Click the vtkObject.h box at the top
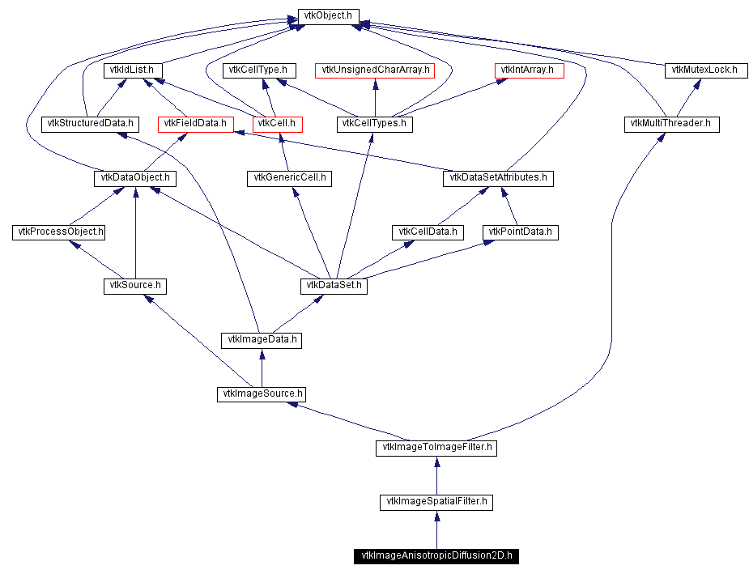329,16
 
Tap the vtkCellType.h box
260,70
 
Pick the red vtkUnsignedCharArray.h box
375,70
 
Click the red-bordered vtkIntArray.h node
529,70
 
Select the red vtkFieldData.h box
196,124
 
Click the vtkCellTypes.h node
374,124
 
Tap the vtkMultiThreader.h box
671,124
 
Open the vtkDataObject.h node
134,178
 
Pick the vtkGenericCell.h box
289,178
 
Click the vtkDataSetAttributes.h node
498,178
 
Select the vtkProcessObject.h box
59,232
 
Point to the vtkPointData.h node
521,232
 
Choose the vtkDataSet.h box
334,286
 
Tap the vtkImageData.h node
262,340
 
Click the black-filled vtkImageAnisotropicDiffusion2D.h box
436,556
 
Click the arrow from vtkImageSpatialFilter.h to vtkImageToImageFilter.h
436,475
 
